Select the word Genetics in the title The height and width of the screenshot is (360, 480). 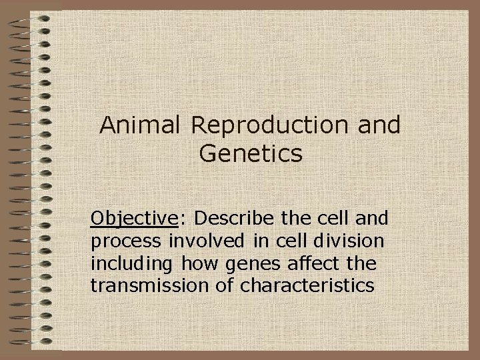coord(251,154)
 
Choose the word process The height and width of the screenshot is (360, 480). coord(121,241)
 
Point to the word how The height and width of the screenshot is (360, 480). coord(190,263)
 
